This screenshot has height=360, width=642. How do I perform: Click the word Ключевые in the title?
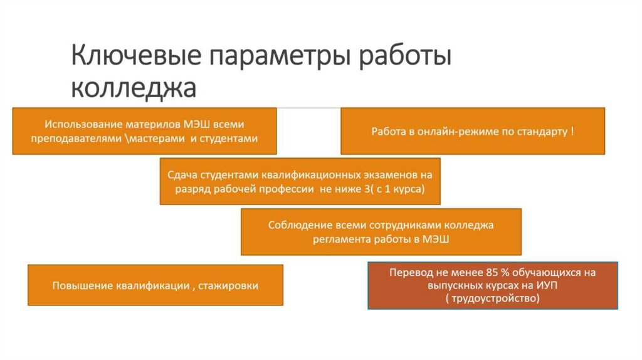[135, 56]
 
